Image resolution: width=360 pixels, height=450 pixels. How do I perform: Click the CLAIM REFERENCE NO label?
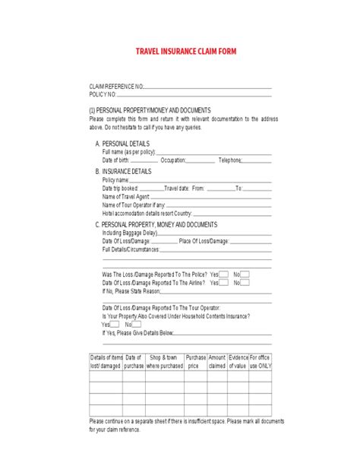coord(115,87)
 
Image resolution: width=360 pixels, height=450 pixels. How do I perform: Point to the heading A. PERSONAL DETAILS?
coord(122,143)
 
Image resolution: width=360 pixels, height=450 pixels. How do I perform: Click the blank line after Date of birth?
coord(145,160)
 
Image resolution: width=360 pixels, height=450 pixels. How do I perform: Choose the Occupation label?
coord(173,160)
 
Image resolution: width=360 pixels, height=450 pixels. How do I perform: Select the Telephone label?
coord(230,160)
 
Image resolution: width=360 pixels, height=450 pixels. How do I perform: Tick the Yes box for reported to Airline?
coord(224,282)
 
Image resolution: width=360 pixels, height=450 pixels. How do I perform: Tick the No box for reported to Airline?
coord(245,282)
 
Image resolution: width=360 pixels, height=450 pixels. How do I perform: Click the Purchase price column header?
coord(196,361)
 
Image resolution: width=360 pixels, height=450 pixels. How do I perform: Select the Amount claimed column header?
coord(217,361)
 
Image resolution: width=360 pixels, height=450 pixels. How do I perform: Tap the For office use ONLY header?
coord(260,361)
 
